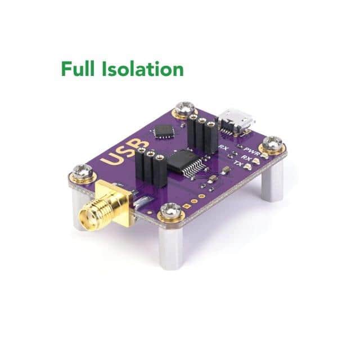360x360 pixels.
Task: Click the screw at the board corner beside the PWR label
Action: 273,144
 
